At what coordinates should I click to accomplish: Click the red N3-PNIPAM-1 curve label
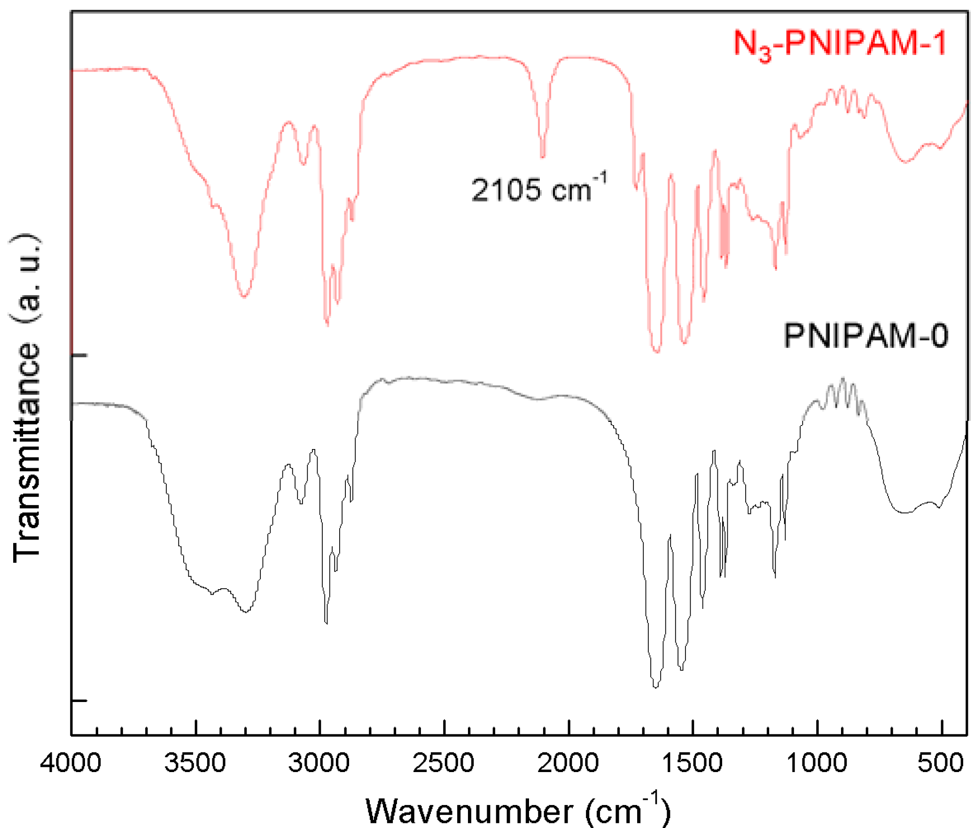(x=839, y=44)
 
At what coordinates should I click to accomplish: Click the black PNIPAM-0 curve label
(x=865, y=336)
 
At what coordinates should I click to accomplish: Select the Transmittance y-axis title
(x=26, y=397)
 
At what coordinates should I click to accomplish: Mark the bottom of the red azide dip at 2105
(x=543, y=157)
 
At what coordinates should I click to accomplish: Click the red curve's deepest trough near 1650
(x=657, y=351)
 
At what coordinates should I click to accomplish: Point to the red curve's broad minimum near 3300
(x=244, y=296)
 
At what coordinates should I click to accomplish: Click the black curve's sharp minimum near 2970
(x=326, y=623)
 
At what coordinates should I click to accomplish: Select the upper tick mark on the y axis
(x=79, y=355)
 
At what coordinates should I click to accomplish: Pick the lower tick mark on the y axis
(x=79, y=701)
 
